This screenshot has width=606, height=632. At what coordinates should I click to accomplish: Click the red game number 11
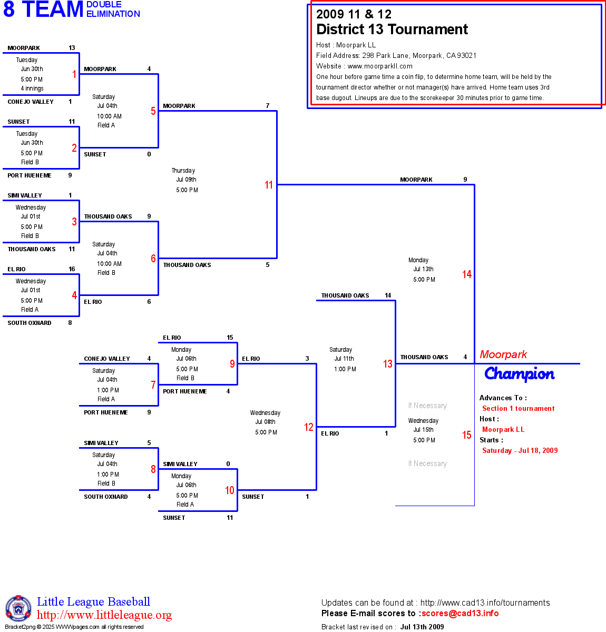click(269, 185)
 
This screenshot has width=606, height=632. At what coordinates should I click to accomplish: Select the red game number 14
click(467, 274)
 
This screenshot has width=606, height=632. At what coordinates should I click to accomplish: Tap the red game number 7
click(153, 385)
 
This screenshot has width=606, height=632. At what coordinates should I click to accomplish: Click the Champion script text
click(519, 374)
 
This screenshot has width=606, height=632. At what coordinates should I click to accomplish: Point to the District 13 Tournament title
click(392, 29)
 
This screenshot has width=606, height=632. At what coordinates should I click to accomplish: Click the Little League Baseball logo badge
click(18, 608)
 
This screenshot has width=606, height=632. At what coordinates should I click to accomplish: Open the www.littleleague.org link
click(104, 615)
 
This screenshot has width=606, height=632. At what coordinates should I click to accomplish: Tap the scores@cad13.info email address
click(460, 613)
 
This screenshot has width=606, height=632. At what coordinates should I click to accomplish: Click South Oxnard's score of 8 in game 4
click(70, 323)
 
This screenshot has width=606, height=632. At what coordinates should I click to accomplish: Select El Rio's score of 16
click(72, 269)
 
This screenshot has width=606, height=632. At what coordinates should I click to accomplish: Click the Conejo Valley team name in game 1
click(31, 102)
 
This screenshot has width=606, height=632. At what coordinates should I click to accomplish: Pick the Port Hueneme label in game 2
click(30, 175)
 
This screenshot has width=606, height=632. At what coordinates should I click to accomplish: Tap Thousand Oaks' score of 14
click(388, 295)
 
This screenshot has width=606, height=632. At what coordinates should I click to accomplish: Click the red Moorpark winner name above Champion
click(503, 354)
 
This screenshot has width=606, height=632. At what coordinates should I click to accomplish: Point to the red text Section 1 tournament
click(518, 408)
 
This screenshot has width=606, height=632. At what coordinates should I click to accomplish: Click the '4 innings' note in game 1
click(32, 88)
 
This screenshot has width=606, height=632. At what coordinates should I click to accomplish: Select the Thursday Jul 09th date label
click(184, 175)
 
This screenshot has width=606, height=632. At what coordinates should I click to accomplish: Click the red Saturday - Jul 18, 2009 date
click(520, 450)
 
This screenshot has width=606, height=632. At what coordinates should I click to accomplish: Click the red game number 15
click(467, 435)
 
